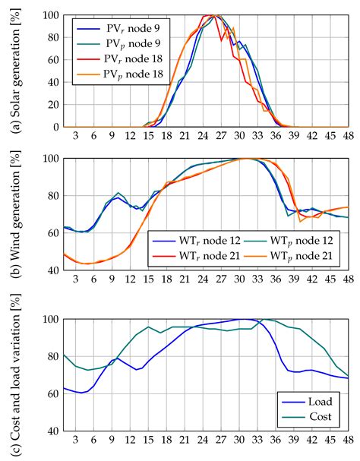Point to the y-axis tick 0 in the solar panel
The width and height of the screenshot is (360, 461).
[54, 128]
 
